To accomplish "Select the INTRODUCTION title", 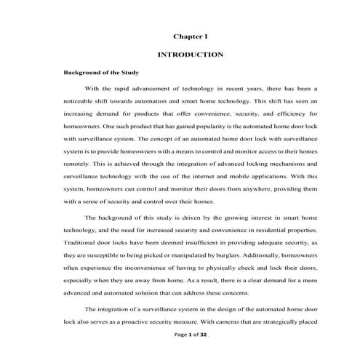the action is click(x=191, y=55).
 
